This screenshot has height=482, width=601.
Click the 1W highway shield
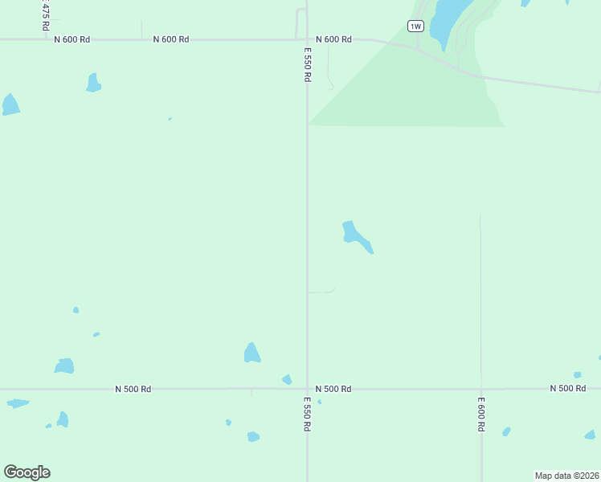pyautogui.click(x=415, y=27)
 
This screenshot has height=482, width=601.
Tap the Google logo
pyautogui.click(x=27, y=472)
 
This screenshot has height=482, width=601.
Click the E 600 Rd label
pyautogui.click(x=480, y=414)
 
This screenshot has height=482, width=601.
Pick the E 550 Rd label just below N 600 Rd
pyautogui.click(x=307, y=64)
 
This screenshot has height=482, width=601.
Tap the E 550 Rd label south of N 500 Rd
pyautogui.click(x=307, y=414)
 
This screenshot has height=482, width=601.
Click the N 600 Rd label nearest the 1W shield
pyautogui.click(x=333, y=39)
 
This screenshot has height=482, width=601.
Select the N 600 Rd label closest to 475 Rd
pyautogui.click(x=72, y=39)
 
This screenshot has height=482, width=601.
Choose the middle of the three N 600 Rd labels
pyautogui.click(x=170, y=39)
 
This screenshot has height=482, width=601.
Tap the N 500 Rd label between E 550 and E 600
pyautogui.click(x=333, y=389)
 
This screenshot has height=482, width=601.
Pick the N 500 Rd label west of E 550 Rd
pyautogui.click(x=133, y=389)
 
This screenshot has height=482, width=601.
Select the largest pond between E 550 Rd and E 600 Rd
pyautogui.click(x=354, y=235)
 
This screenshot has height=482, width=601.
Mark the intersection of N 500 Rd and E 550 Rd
pyautogui.click(x=307, y=389)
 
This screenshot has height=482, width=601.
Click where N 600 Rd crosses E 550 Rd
pyautogui.click(x=307, y=39)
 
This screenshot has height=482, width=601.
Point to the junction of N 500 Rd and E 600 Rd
pyautogui.click(x=480, y=389)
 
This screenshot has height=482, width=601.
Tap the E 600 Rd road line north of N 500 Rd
pyautogui.click(x=480, y=305)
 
